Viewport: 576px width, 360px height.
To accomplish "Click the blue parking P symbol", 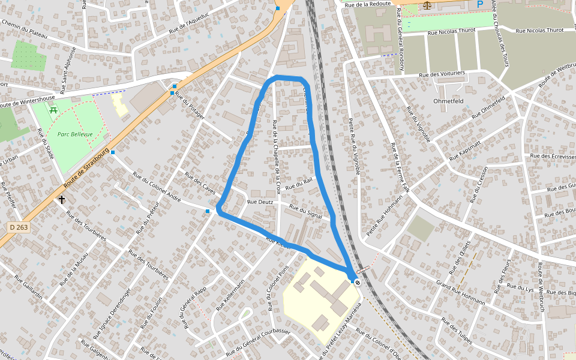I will click(479, 4).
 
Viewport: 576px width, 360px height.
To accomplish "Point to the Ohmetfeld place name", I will click(448, 101).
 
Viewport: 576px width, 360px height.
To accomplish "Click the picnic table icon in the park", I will click(53, 110).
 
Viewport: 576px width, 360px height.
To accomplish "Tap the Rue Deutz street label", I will click(260, 202).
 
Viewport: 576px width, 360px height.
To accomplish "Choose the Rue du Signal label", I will click(306, 211).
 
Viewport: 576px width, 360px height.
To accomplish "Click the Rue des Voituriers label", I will click(442, 74).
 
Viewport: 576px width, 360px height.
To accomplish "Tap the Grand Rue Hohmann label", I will click(460, 292).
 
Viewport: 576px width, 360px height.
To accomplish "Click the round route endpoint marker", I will click(358, 282).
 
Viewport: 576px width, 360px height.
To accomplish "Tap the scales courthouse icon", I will click(427, 5).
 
